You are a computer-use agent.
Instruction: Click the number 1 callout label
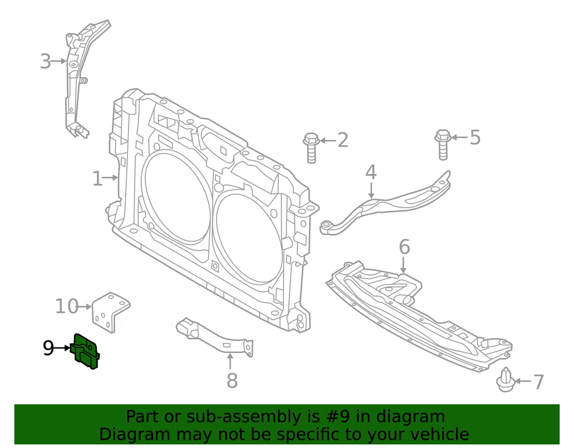[x=97, y=178]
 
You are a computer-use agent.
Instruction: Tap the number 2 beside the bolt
[x=343, y=141]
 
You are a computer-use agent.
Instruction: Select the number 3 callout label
[x=45, y=61]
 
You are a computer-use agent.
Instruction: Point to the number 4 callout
[x=371, y=172]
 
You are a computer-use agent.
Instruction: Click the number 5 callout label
[x=475, y=137]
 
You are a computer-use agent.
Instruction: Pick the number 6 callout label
[x=404, y=246]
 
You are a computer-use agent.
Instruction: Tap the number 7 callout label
[x=538, y=382]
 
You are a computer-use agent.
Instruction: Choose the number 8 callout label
[x=231, y=380]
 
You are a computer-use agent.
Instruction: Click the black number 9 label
[x=48, y=348]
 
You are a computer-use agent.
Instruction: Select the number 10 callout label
[x=66, y=306]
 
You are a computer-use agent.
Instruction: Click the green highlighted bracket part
[x=86, y=351]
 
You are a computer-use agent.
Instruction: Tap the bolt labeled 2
[x=311, y=147]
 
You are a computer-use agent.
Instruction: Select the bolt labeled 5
[x=442, y=144]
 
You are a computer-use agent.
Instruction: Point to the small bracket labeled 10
[x=111, y=311]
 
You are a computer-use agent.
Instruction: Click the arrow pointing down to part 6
[x=404, y=265]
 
